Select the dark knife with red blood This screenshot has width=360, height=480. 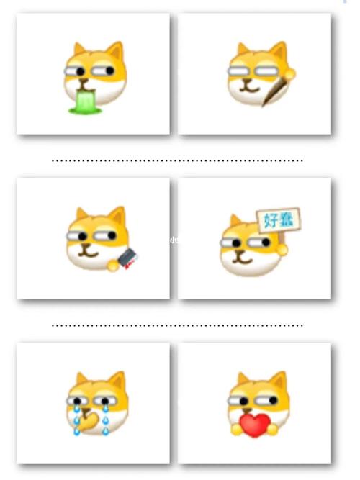point(127,258)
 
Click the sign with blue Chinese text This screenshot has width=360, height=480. point(278,220)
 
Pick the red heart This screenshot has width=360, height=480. point(254,425)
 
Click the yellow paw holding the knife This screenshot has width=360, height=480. point(113,265)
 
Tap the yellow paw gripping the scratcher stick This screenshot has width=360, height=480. point(289,73)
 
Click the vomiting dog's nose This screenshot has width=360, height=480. point(83,81)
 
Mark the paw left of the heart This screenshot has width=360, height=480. point(236,429)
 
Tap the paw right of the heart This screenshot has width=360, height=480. point(271,429)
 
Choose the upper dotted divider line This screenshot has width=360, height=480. point(177,160)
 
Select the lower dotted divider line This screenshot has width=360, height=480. point(177,325)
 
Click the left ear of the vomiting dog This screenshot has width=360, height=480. point(79,49)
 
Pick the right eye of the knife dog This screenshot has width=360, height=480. point(112,236)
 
